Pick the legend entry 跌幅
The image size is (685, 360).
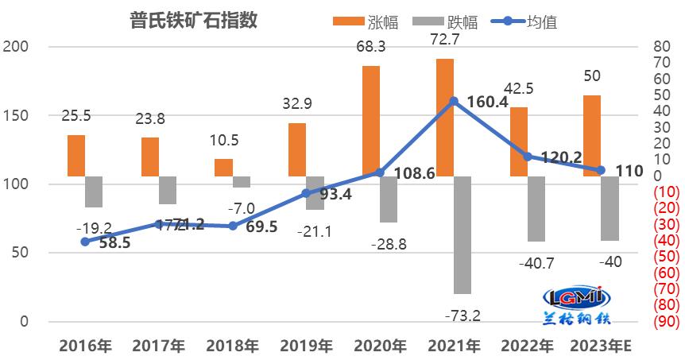tap(439, 21)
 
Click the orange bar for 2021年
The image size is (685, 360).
tap(445, 117)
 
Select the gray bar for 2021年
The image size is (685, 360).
tap(462, 234)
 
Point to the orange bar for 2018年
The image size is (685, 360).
tap(223, 167)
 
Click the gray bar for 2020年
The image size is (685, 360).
tap(389, 199)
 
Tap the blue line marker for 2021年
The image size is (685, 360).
tap(454, 102)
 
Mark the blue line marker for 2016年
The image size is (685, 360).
tap(85, 242)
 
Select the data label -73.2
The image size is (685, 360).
tap(464, 316)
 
